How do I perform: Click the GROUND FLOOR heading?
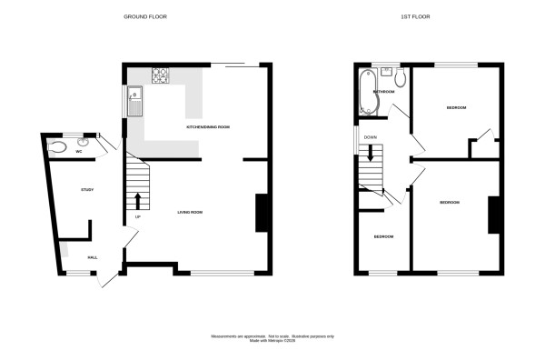[x=144, y=16]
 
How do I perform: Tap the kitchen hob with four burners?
[x=160, y=76]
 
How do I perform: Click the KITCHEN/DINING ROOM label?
[x=207, y=127]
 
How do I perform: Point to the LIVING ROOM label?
[x=189, y=212]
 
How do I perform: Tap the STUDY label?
[x=87, y=189]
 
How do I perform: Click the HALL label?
[x=93, y=257]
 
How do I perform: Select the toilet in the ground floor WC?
[x=59, y=143]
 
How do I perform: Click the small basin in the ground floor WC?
[x=84, y=141]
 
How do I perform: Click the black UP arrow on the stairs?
[x=138, y=201]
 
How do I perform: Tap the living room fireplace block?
[x=262, y=213]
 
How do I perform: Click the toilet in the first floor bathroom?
[x=401, y=78]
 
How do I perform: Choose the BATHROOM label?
[x=382, y=92]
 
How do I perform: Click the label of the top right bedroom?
[x=456, y=108]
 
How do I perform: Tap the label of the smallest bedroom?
[x=383, y=236]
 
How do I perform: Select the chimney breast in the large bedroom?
[x=494, y=215]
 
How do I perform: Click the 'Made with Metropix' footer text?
[x=272, y=341]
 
